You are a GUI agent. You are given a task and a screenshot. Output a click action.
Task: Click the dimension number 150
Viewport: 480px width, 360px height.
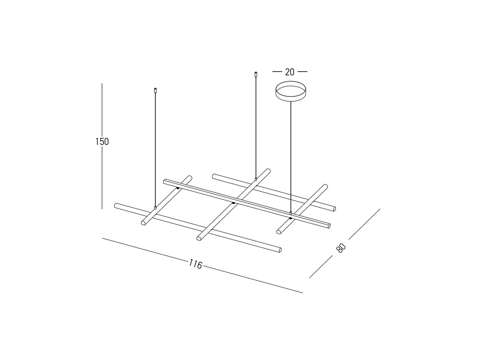102,141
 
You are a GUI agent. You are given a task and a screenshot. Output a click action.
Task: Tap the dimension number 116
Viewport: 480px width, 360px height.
195,264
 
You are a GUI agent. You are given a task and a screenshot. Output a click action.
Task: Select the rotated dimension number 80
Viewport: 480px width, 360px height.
341,247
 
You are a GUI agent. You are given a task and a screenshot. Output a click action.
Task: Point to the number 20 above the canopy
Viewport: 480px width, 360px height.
290,72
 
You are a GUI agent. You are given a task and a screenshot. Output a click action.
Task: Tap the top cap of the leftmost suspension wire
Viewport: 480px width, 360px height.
155,90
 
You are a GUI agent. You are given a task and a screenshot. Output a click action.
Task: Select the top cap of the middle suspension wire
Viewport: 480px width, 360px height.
256,74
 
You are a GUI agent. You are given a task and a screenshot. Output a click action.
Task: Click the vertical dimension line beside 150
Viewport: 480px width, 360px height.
102,175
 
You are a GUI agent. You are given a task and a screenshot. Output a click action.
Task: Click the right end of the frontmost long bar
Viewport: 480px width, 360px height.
279,250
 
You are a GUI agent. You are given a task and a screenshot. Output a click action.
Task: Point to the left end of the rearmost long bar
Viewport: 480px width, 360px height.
214,176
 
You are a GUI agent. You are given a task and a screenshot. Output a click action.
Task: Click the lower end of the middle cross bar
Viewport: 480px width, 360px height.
199,238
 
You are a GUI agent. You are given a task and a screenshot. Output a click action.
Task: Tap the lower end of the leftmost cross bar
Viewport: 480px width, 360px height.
144,223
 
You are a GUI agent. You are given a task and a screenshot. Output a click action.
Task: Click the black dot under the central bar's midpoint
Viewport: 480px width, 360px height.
233,203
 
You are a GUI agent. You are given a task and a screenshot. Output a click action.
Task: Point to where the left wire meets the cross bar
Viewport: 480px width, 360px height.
155,208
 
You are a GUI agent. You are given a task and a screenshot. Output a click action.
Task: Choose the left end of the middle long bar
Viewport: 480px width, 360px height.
165,181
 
